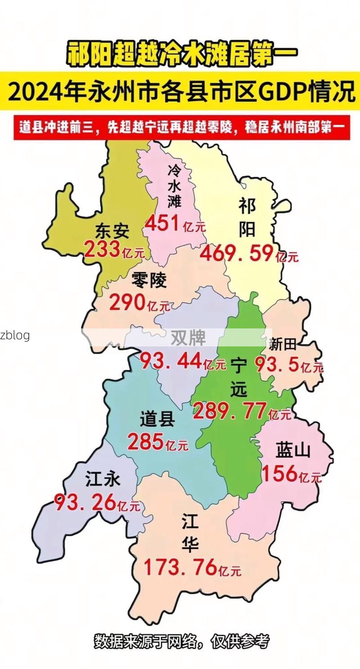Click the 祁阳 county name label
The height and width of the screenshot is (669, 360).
(247, 218)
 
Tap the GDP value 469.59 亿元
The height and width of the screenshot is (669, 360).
(249, 254)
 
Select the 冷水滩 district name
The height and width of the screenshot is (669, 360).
(175, 185)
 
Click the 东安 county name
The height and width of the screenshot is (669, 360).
(112, 231)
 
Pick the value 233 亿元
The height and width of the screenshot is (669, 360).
(114, 250)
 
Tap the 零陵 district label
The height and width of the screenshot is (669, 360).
(149, 280)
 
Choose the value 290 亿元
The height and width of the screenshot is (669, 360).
(139, 304)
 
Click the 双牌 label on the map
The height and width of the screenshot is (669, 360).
(188, 337)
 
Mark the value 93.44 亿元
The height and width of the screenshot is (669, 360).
(183, 361)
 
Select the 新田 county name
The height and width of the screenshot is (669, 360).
(283, 345)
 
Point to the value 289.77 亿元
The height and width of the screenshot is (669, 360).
(242, 412)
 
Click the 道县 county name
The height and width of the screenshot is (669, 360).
(157, 420)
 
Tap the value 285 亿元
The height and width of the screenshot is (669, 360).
(157, 443)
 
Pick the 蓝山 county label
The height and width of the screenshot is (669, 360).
(293, 450)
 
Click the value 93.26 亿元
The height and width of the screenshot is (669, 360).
(97, 503)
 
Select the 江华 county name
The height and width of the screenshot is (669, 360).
(190, 534)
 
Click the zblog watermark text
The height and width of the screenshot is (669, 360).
(15, 335)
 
